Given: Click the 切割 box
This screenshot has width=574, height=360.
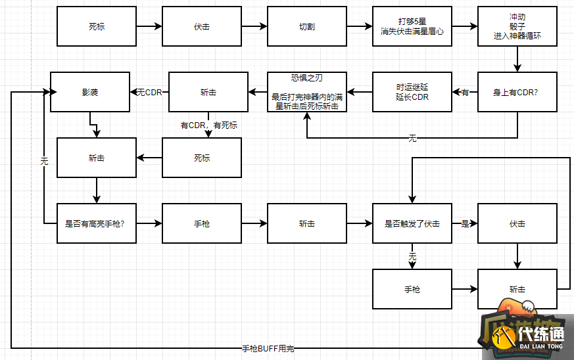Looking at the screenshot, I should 307,27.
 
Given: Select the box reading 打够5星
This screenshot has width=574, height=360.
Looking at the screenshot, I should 412,27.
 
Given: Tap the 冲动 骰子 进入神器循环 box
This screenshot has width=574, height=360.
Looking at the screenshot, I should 517,27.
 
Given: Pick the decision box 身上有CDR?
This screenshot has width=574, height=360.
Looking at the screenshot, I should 517,92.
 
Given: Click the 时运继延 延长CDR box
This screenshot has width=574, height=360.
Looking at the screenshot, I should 412,92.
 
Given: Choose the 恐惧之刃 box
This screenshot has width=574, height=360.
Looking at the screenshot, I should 307,92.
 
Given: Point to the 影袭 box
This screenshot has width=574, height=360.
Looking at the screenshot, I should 90,92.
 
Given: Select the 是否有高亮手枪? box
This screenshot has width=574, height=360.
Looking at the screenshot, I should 96,223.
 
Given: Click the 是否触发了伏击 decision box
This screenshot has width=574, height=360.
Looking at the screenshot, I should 412,223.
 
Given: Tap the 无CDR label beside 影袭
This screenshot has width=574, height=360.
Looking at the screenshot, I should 149,92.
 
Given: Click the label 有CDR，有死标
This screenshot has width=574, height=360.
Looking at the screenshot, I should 209,125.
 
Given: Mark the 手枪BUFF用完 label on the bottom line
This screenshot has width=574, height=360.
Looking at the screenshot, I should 272,348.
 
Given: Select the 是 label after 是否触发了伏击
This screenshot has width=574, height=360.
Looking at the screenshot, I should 465,223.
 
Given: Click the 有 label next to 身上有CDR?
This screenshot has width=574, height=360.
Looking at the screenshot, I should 465,92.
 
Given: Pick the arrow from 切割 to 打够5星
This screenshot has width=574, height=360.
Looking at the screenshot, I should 360,27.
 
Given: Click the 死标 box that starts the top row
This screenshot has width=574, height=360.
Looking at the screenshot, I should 97,27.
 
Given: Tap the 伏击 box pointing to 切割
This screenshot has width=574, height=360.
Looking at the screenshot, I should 202,27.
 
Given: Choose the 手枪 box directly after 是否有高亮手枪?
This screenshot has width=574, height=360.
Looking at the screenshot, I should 202,223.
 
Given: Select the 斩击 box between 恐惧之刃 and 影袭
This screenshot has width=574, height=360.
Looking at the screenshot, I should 208,92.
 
